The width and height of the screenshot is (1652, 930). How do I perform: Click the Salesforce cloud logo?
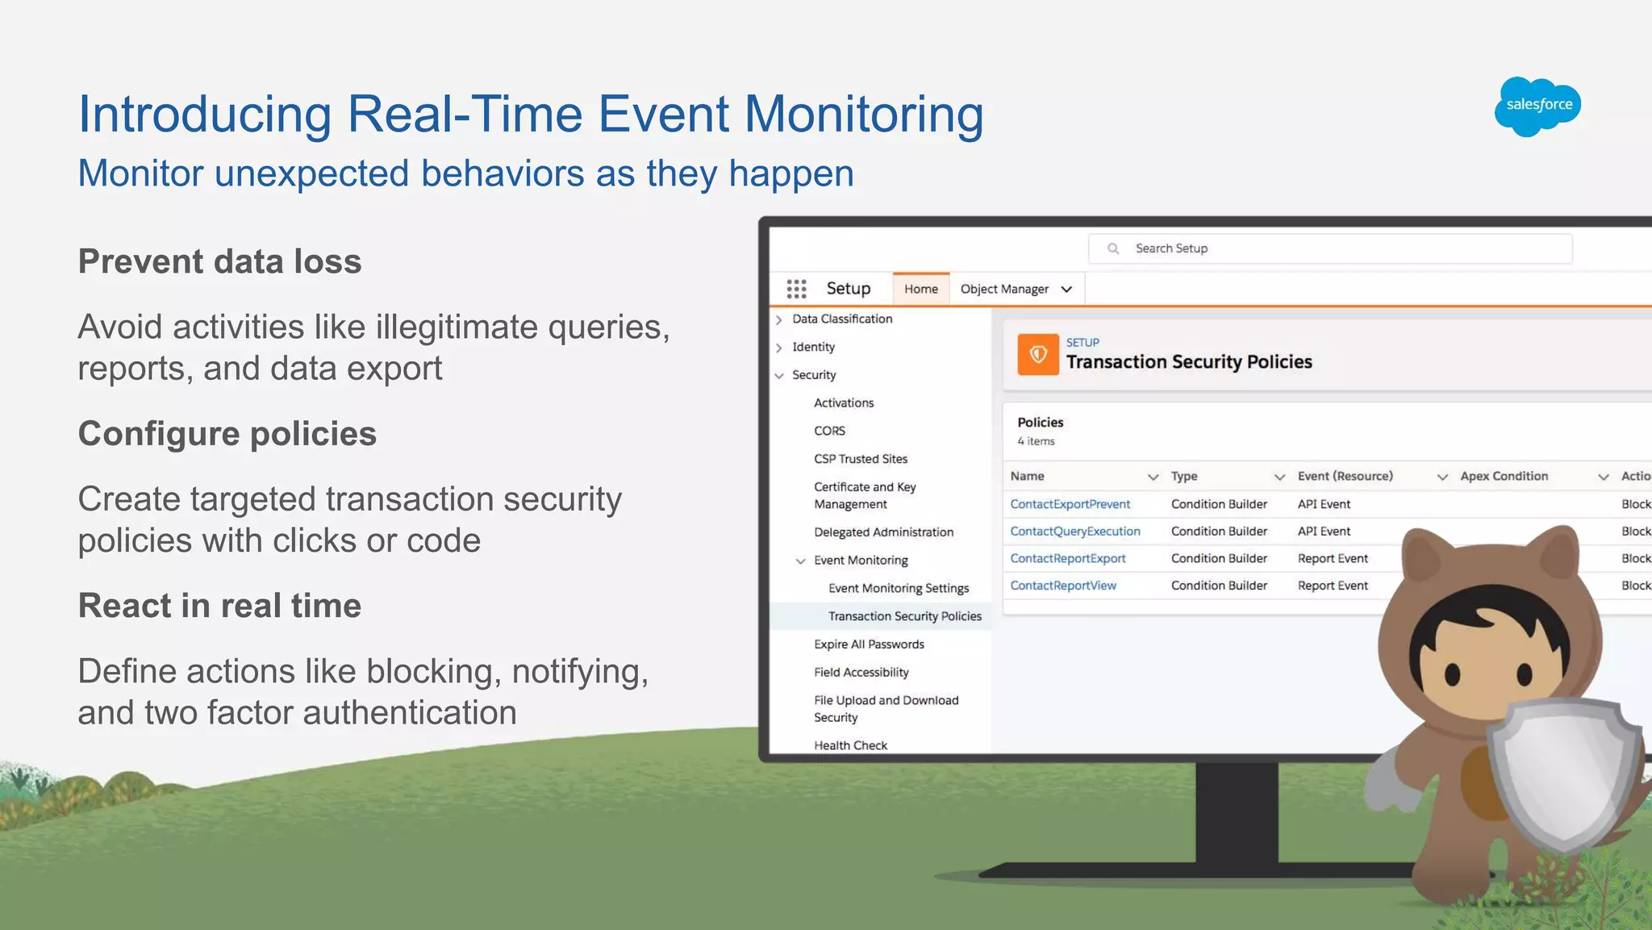point(1537,106)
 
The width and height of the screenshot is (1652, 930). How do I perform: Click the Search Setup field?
point(1331,248)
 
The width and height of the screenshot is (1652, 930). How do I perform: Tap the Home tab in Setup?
point(920,289)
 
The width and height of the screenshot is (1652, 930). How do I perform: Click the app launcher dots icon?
point(796,289)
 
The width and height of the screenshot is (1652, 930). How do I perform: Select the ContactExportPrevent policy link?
point(1070,504)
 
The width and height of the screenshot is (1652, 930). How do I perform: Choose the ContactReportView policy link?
point(1063,586)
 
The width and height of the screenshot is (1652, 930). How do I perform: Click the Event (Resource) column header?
point(1345,476)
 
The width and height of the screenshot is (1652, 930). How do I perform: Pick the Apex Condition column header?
point(1504,476)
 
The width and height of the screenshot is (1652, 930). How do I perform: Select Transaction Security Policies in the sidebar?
point(904,616)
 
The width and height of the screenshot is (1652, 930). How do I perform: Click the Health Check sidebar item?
point(850,745)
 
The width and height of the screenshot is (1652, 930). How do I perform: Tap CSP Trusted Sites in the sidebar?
point(861,459)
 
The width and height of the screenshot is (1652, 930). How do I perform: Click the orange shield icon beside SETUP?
point(1037,354)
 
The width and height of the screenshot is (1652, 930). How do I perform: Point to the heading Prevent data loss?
point(219,261)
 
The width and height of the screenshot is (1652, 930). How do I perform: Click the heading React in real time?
point(219,606)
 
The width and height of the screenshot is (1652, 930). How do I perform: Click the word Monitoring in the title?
point(863,115)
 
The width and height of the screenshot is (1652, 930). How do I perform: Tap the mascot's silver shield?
point(1563,774)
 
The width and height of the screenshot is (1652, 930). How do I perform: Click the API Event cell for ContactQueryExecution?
point(1324,532)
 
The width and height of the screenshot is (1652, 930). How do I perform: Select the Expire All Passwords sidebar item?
point(869,644)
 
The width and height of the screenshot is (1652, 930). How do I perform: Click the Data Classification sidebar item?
point(842,319)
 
